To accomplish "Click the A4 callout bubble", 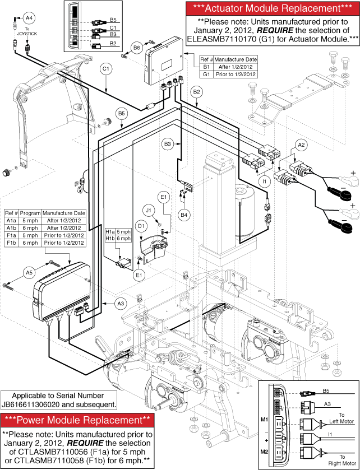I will tap(28, 17).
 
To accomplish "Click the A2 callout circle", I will tap(301, 145).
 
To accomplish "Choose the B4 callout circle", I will tap(183, 213).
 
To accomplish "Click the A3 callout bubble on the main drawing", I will tap(120, 303).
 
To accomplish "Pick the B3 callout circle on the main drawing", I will tap(167, 145).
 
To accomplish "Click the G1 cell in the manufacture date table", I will tap(206, 74).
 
